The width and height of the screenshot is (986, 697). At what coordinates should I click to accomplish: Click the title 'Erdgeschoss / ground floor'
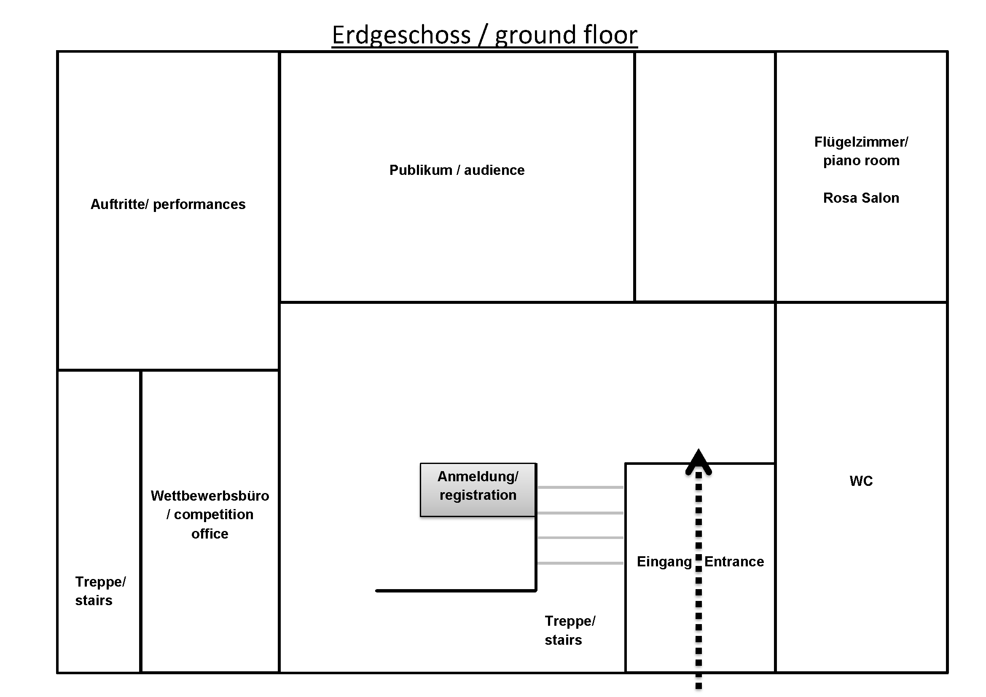click(484, 34)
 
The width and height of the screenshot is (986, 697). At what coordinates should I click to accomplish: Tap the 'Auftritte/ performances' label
click(168, 204)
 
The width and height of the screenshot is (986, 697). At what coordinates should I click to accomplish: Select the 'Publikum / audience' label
click(457, 170)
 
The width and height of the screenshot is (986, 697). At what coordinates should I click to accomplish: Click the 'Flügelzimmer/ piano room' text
click(861, 151)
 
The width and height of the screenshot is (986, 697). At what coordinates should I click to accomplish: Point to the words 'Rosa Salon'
click(861, 198)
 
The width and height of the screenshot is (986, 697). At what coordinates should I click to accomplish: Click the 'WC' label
click(861, 481)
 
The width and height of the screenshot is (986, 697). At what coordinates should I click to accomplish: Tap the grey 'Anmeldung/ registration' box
click(478, 490)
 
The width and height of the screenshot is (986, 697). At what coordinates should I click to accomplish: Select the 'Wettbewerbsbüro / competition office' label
click(210, 514)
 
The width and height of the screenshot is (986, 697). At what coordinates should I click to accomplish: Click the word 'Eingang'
click(664, 561)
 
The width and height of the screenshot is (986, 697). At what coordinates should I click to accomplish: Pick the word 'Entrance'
click(734, 561)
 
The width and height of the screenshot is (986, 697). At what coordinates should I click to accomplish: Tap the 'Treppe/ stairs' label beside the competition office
click(100, 591)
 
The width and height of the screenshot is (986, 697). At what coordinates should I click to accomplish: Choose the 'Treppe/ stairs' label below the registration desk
click(570, 630)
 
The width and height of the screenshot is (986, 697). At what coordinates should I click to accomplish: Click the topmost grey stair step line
click(580, 488)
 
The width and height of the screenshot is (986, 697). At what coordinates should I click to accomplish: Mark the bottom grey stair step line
click(580, 563)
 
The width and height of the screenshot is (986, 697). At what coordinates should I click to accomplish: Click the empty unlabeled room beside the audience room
click(705, 176)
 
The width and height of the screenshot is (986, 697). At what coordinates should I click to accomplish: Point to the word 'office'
click(210, 533)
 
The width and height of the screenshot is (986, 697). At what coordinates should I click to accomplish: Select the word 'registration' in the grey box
click(478, 495)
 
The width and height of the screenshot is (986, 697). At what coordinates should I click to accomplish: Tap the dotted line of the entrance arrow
click(699, 601)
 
